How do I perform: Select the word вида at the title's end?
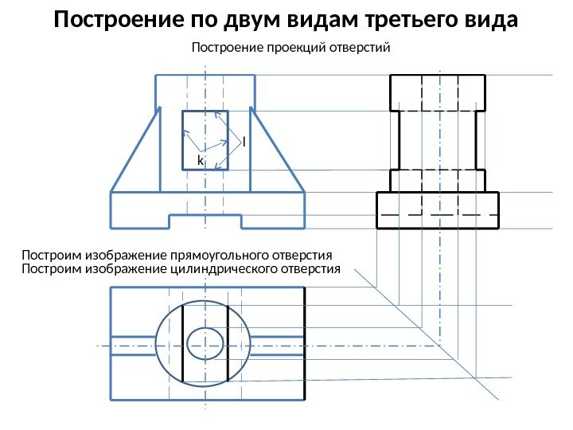pyautogui.click(x=487, y=19)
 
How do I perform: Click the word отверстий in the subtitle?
pyautogui.click(x=357, y=49)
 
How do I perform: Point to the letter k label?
pyautogui.click(x=201, y=161)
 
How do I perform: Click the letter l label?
pyautogui.click(x=244, y=141)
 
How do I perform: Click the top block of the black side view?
pyautogui.click(x=437, y=92)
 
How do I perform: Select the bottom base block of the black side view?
pyautogui.click(x=437, y=210)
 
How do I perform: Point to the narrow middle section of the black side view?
pyautogui.click(x=437, y=140)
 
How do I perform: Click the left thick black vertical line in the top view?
pyautogui.click(x=183, y=344)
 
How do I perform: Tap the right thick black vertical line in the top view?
pyautogui.click(x=228, y=344)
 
